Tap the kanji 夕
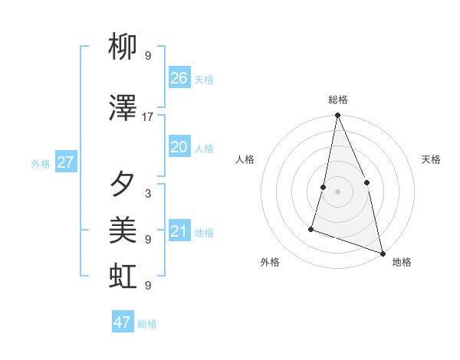click(123, 184)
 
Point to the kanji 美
click(123, 230)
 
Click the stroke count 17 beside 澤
click(148, 117)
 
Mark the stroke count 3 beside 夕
click(148, 193)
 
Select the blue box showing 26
click(179, 78)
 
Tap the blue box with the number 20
click(179, 148)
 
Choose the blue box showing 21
click(179, 231)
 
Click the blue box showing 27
click(65, 162)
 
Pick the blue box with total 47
click(123, 322)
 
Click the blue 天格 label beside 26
click(204, 80)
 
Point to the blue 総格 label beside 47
click(147, 324)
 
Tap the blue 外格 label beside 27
click(41, 164)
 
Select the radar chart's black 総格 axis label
click(337, 100)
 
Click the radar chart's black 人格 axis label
click(245, 159)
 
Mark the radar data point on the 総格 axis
click(337, 116)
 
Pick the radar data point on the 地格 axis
click(382, 253)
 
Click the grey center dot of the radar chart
click(337, 191)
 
